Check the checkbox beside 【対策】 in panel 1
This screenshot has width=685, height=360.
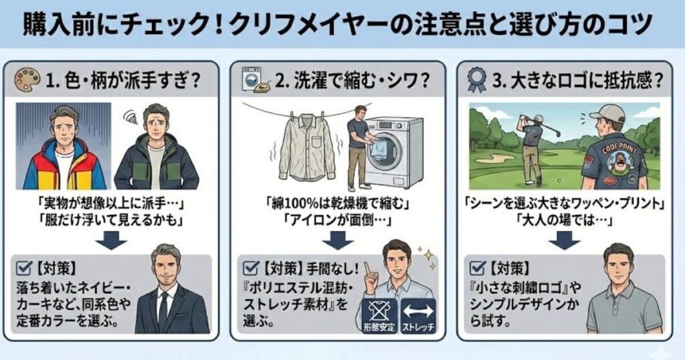coord(22,268)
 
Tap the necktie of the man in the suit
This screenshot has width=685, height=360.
coord(164,308)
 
